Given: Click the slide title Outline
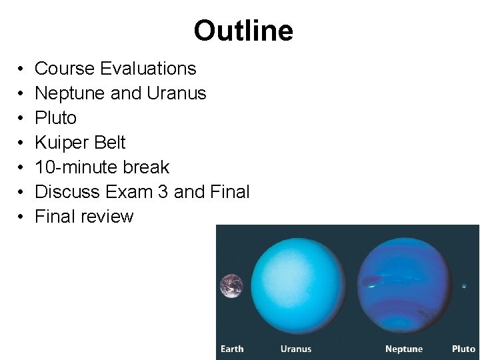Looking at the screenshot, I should pos(243,31).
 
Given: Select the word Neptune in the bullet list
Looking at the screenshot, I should pos(68,93).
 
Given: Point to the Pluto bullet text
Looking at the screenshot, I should pos(55,118).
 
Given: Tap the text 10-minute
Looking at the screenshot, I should pos(75,167).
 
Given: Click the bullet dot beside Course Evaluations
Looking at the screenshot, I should pos(21,69).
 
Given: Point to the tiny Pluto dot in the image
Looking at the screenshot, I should pos(464,286).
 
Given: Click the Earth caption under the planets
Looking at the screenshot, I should pos(232,349).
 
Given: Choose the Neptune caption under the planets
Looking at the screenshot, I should pos(404,349).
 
